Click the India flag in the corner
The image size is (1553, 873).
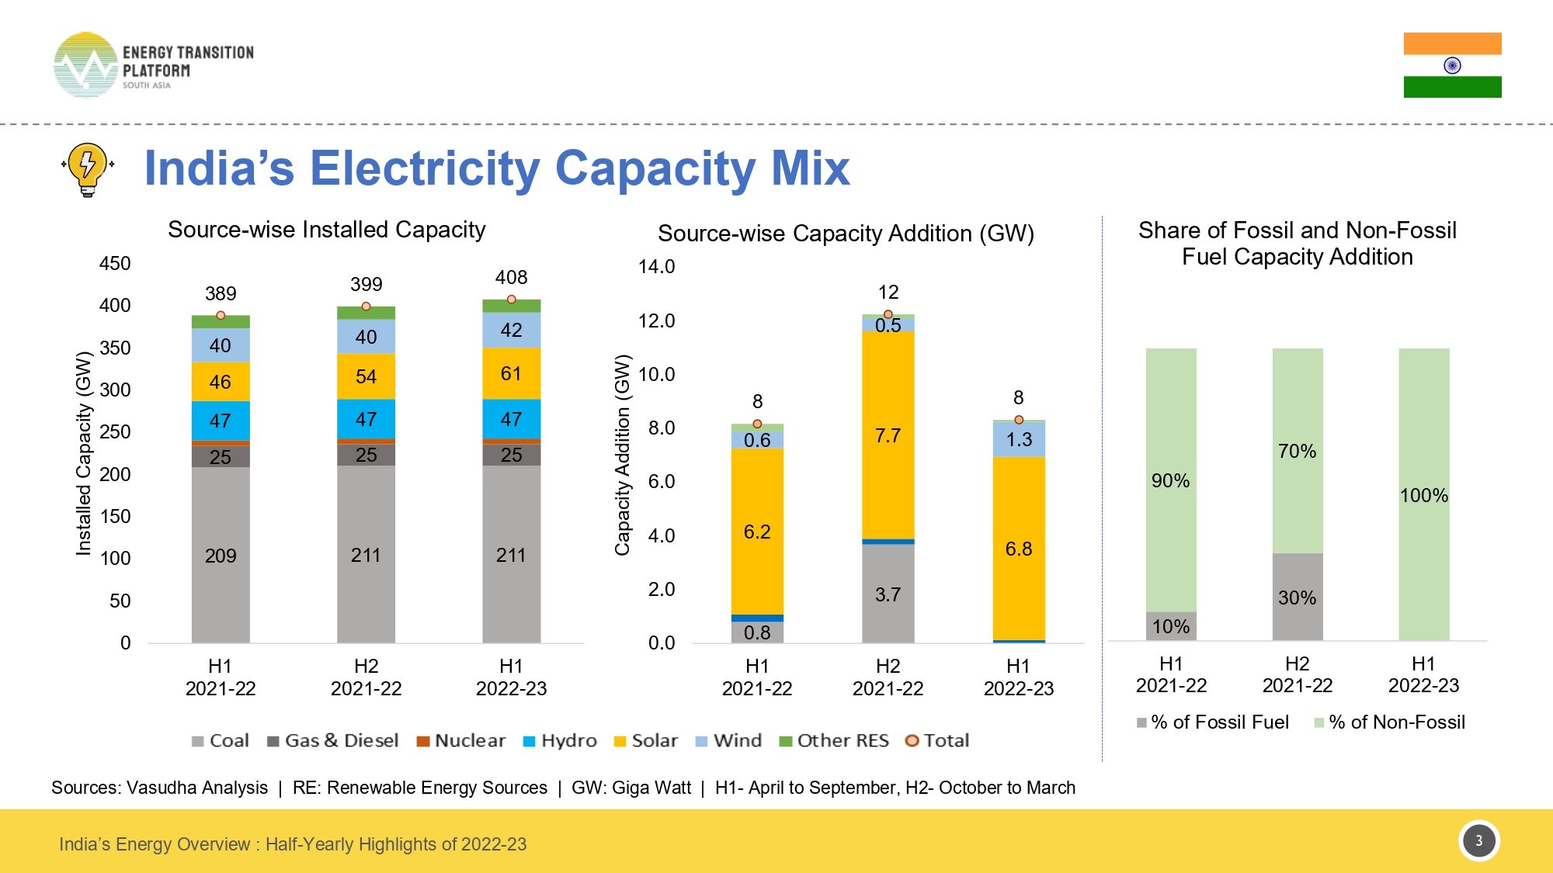(1452, 65)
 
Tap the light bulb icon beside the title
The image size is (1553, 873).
(88, 168)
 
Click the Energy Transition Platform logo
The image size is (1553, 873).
(154, 66)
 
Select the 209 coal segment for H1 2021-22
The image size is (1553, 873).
(221, 555)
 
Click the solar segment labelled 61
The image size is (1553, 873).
(511, 373)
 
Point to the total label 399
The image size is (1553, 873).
(366, 284)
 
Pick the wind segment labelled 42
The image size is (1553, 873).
(511, 330)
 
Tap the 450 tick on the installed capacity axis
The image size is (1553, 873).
(115, 264)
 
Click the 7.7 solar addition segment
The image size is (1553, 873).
(888, 435)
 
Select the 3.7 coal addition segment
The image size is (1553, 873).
(888, 594)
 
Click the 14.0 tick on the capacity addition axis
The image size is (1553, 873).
(656, 267)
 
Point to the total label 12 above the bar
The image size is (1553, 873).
(888, 292)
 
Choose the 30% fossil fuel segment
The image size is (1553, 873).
(1297, 598)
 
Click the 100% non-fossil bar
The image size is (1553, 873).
(1423, 495)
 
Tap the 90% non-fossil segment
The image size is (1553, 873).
(1170, 480)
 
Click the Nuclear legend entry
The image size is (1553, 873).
(461, 741)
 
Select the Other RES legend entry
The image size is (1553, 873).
(834, 741)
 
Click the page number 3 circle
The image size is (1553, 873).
(1478, 840)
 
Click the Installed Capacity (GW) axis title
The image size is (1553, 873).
(84, 454)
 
